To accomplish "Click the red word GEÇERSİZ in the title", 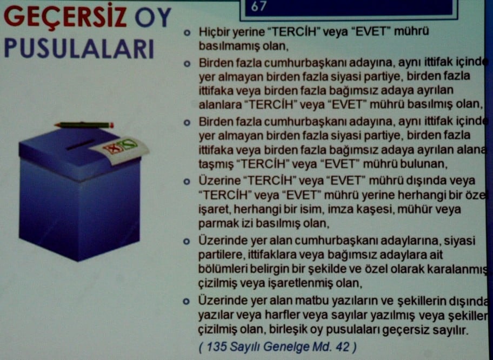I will click(65, 19).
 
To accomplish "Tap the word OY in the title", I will click(152, 19).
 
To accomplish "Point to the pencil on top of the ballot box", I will click(84, 125).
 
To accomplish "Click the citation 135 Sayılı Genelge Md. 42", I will click(278, 346).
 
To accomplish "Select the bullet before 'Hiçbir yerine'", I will click(187, 32).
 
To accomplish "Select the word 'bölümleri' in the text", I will click(218, 269).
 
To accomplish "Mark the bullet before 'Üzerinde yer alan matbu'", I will click(187, 300).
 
